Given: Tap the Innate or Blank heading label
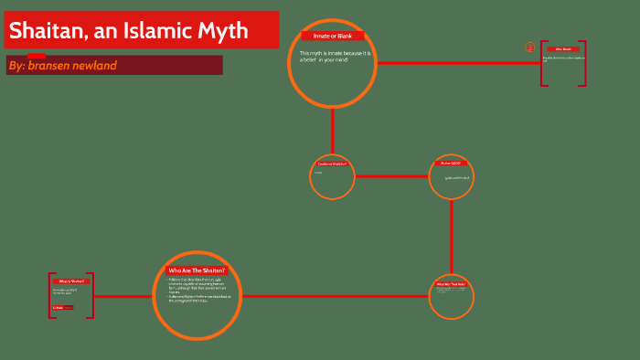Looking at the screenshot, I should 332,36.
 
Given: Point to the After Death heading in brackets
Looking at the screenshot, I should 562,49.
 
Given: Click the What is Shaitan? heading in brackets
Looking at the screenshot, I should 71,281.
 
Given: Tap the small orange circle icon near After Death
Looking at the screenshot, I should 529,48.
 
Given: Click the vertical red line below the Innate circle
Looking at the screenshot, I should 332,131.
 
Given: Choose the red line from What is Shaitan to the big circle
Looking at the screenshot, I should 123,296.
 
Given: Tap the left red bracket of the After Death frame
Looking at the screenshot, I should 542,63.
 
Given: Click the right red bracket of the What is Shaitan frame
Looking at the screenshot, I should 92,295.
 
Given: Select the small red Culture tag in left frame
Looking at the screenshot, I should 59,308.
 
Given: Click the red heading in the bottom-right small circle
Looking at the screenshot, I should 451,284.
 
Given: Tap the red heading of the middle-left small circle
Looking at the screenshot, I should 332,164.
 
